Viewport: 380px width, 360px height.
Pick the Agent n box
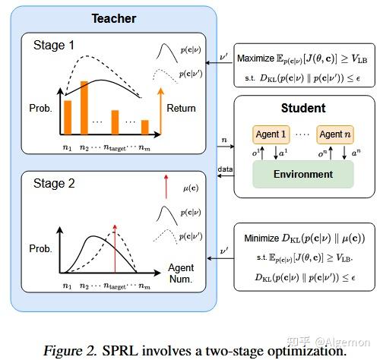point(335,134)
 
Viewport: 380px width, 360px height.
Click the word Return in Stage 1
point(181,108)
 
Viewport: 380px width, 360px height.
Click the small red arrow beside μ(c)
point(165,184)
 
